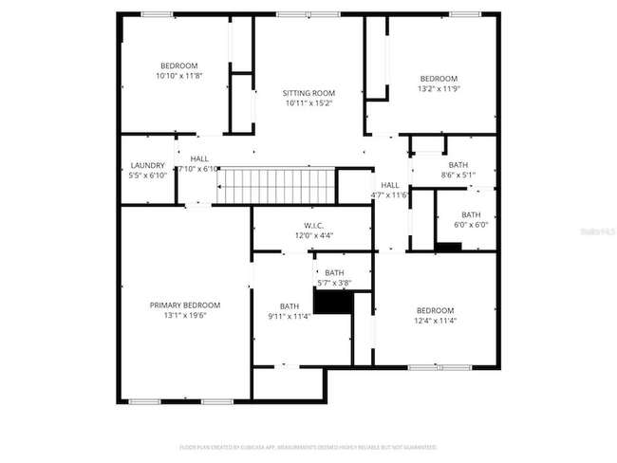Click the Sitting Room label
(x=308, y=93)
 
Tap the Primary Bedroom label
(x=184, y=305)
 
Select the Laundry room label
(x=148, y=164)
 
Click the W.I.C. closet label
(x=312, y=225)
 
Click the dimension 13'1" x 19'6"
(x=184, y=316)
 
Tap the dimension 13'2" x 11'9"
(x=439, y=89)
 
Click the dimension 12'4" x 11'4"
(x=435, y=322)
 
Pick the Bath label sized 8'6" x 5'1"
(x=458, y=165)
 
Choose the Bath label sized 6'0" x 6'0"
(x=471, y=214)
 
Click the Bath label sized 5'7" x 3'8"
(x=334, y=272)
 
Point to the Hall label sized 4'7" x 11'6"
(x=389, y=185)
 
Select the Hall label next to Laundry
(x=198, y=158)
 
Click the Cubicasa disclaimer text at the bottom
(x=308, y=447)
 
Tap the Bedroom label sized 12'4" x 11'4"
(x=435, y=310)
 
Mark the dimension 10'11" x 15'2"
(x=308, y=104)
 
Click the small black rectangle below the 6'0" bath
(x=448, y=247)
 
